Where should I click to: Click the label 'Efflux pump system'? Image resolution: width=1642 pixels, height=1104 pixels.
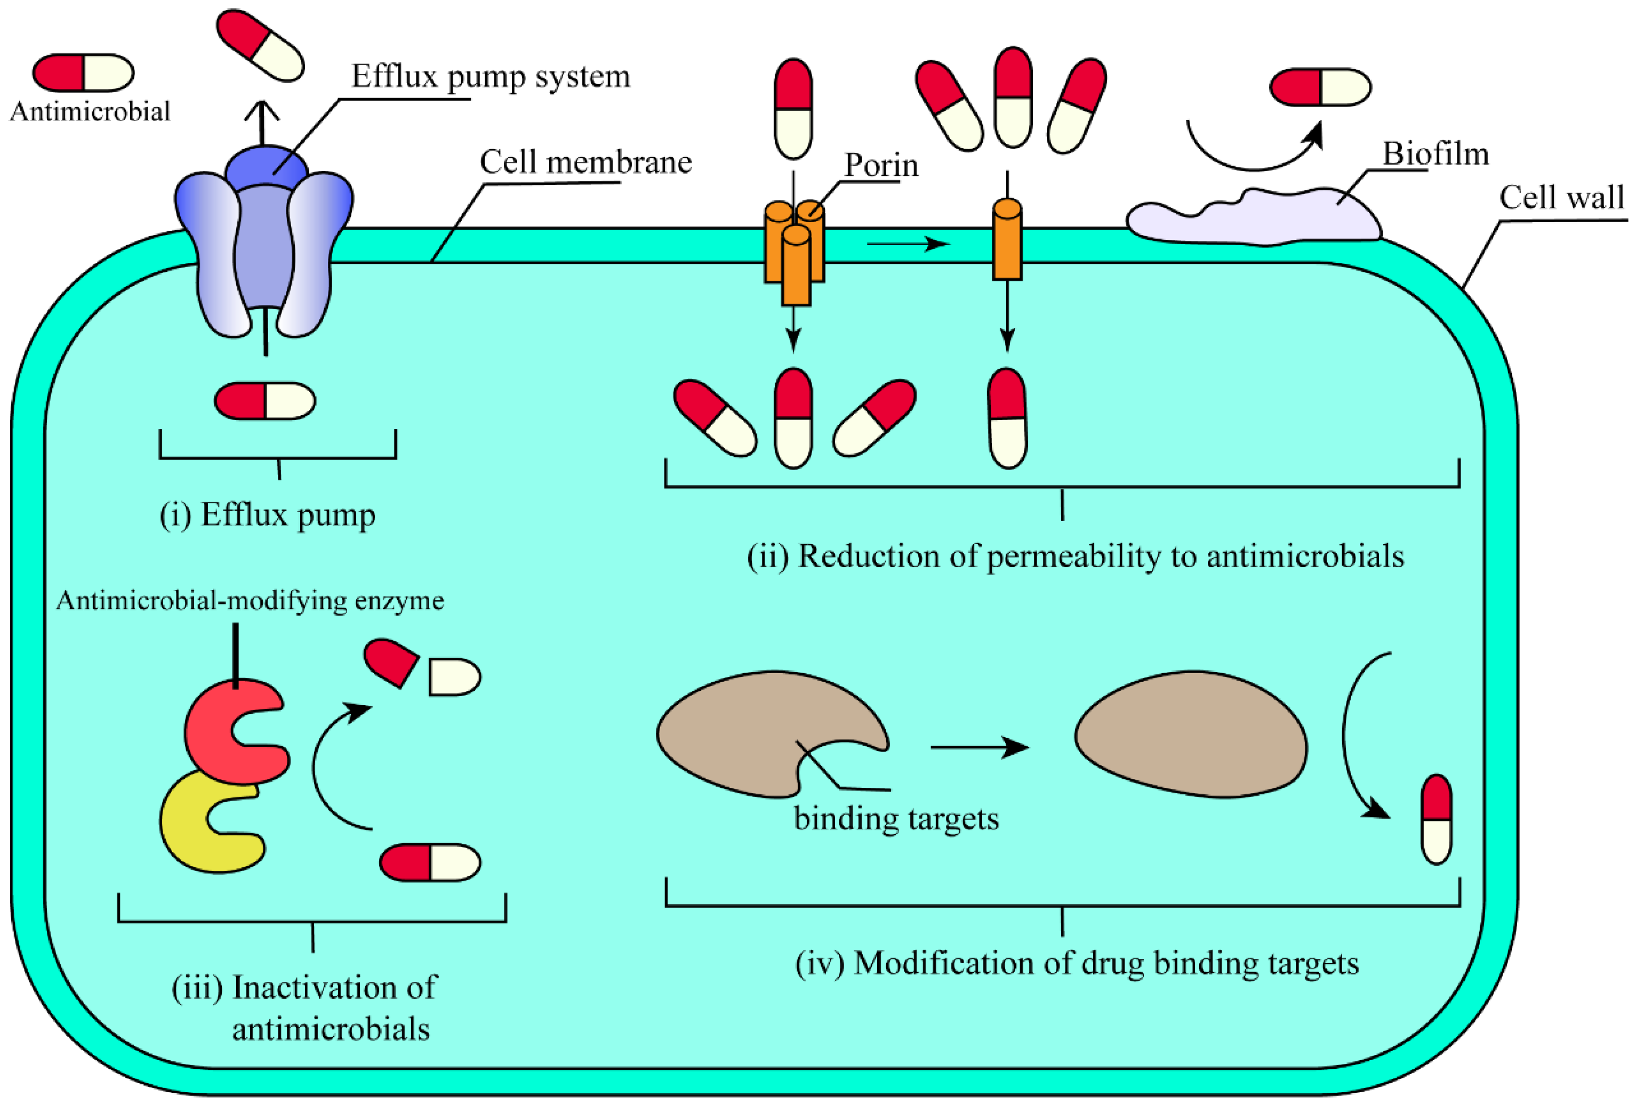pos(491,76)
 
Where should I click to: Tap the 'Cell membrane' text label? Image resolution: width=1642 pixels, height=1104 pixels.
pos(585,163)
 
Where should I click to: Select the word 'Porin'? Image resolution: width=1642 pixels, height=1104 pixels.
pos(881,166)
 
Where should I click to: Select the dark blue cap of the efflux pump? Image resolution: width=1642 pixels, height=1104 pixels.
pos(266,166)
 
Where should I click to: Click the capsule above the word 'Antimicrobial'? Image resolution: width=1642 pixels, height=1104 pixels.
pos(83,73)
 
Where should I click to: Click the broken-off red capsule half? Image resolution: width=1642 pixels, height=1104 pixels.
pos(389,661)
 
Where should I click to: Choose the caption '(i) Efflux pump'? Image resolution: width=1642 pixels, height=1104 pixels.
pos(268,515)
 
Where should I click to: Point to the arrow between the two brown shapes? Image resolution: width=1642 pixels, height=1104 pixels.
pos(979,747)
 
